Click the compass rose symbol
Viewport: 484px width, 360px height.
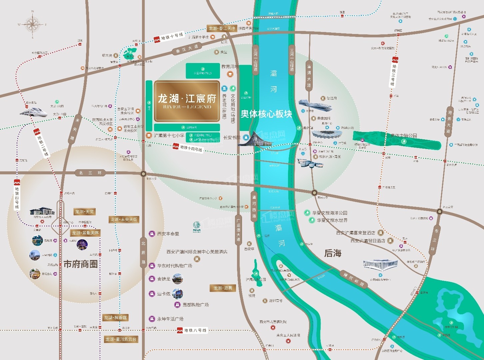point(32,25)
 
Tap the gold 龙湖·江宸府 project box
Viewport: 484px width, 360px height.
point(187,101)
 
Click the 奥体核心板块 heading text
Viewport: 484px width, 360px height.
point(266,114)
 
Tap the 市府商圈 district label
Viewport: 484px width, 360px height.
point(81,264)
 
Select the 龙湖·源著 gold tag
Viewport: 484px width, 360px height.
point(223,288)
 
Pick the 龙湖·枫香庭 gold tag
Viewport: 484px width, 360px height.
point(115,318)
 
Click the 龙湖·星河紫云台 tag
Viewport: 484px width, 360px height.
point(121,339)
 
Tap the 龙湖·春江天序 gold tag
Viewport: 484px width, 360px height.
point(222,28)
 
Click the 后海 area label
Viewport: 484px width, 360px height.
point(333,253)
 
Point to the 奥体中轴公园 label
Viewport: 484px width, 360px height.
point(404,136)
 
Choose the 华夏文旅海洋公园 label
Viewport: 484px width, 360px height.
point(330,213)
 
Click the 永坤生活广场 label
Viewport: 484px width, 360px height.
point(170,319)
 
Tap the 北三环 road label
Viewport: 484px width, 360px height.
point(86,173)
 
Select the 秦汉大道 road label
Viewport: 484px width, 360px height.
point(187,49)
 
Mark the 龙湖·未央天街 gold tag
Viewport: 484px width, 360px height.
point(124,219)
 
